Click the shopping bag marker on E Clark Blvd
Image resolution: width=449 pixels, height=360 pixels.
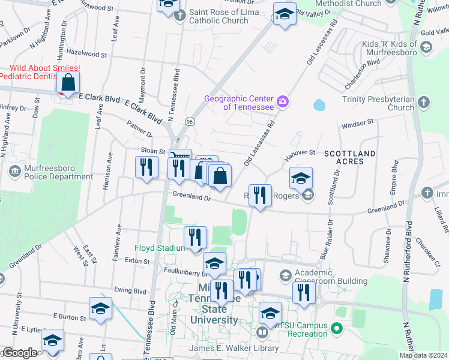[68, 82]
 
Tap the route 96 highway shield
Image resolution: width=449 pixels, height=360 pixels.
[189, 121]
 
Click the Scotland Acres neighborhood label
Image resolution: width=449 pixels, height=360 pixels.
[350, 158]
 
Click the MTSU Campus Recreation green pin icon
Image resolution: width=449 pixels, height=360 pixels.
[336, 328]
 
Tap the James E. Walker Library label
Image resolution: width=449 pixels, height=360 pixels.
[234, 349]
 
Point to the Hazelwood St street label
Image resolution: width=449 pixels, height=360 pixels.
[87, 54]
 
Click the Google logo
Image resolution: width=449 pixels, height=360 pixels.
[19, 353]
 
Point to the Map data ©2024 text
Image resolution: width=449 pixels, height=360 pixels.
[423, 355]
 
